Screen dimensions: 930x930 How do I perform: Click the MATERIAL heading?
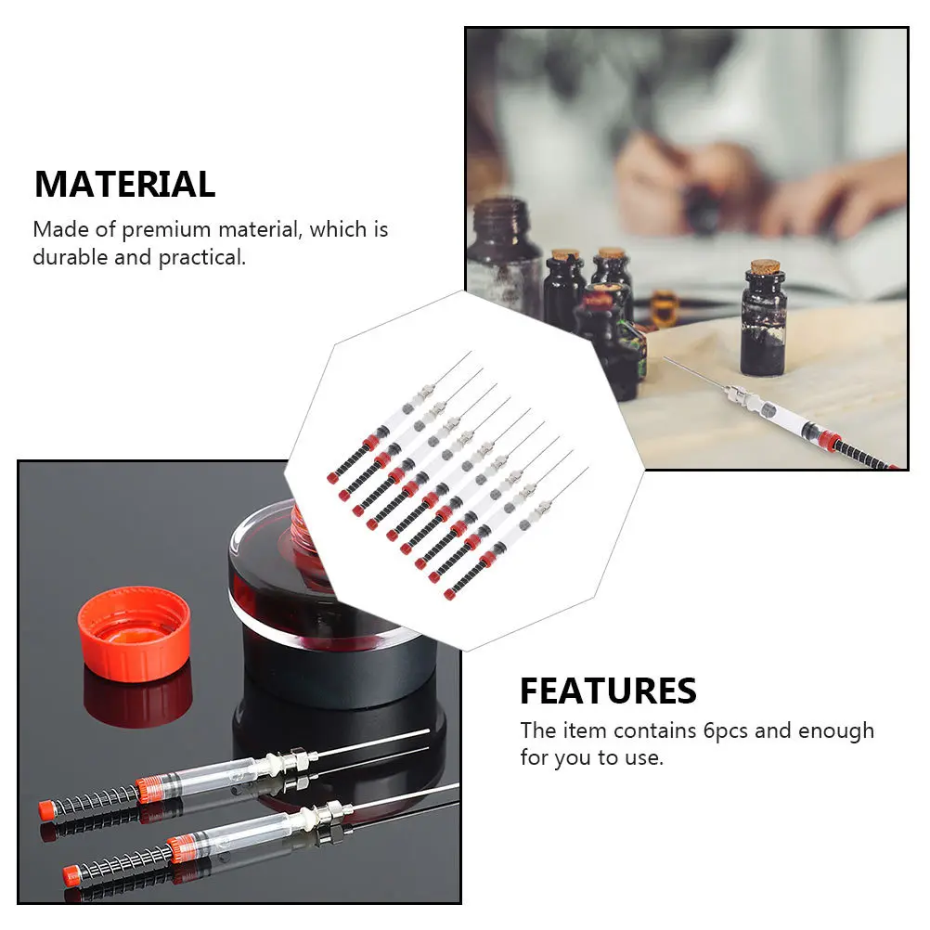124,184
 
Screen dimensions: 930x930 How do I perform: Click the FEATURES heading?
608,691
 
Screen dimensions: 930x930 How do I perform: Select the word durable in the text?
70,257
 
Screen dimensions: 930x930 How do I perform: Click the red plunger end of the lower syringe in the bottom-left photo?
71,874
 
